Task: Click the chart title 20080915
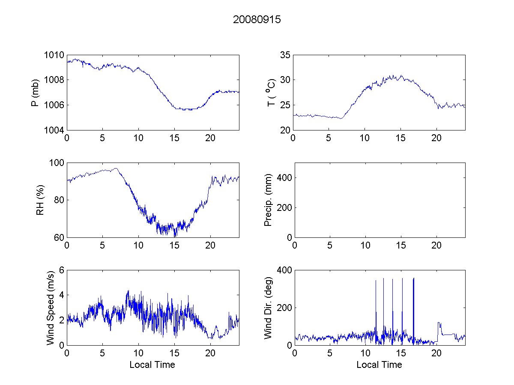[257, 20]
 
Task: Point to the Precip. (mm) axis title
[269, 200]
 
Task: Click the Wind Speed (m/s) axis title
[50, 307]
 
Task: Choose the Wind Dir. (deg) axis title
[269, 307]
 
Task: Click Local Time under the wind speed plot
[152, 364]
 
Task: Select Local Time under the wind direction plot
[379, 364]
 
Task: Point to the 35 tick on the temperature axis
[285, 55]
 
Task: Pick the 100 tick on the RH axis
[57, 163]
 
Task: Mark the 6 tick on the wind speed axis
[62, 270]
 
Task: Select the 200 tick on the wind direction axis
[283, 308]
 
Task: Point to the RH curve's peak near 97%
[115, 169]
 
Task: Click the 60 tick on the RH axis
[59, 237]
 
